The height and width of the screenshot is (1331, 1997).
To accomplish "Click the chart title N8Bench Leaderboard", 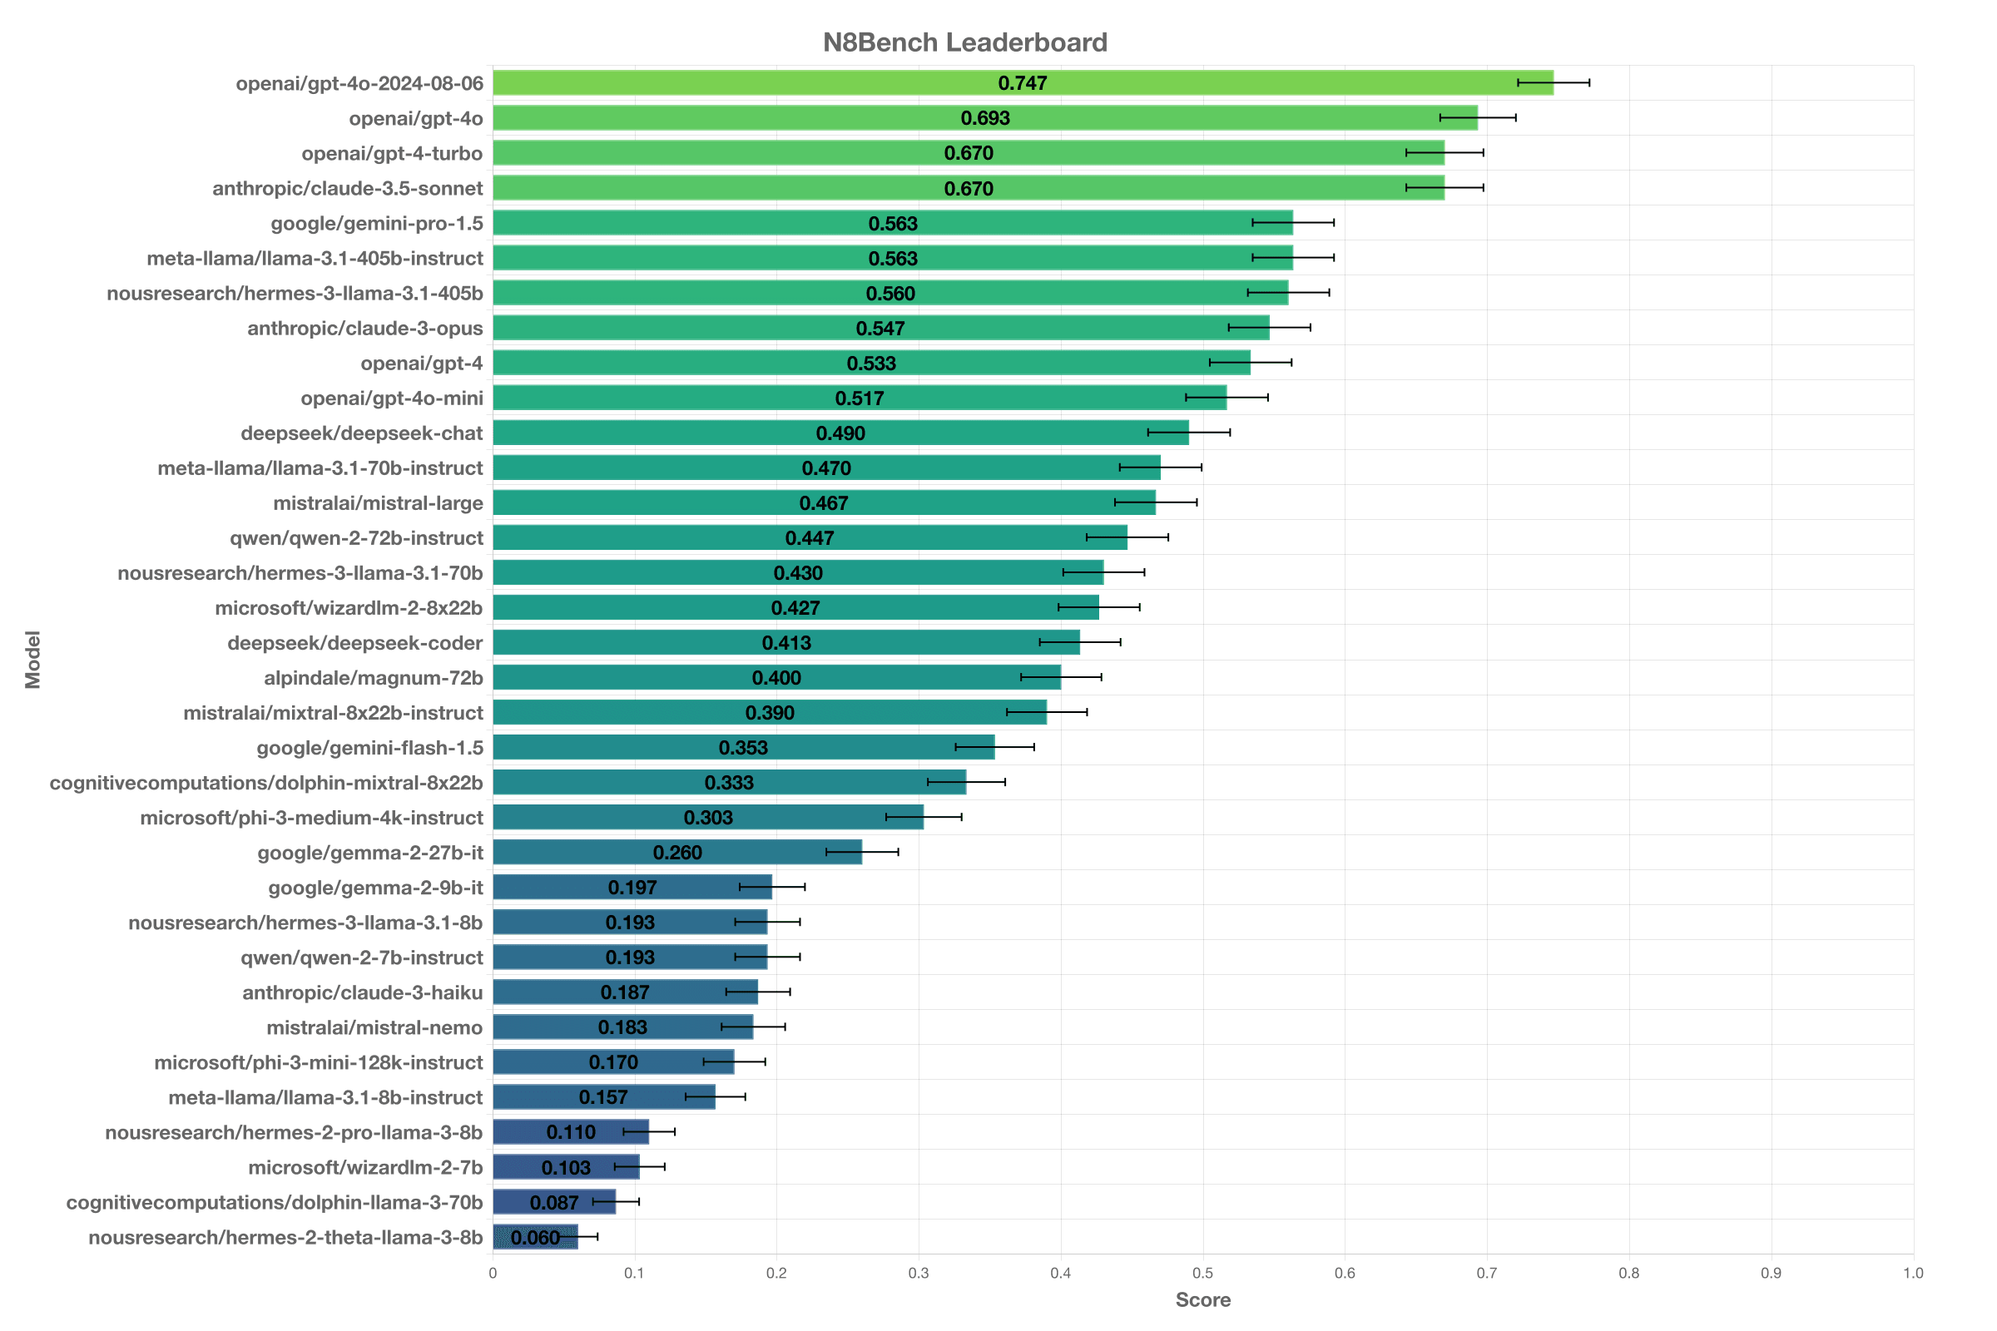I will click(964, 42).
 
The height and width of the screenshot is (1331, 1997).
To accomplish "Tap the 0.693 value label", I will click(985, 118).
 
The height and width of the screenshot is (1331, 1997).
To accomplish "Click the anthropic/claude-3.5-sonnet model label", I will click(347, 189).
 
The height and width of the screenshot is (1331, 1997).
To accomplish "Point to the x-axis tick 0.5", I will click(1202, 1274).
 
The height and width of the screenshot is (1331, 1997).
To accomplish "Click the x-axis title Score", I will click(1202, 1300).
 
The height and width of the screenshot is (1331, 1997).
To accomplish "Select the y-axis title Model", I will click(32, 660).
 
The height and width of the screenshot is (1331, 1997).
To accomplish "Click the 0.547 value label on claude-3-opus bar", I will click(880, 329).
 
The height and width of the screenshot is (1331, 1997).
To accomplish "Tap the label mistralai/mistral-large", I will click(378, 503).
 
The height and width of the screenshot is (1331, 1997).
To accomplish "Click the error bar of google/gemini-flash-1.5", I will click(995, 747).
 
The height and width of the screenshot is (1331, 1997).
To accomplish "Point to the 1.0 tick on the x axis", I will click(1913, 1274).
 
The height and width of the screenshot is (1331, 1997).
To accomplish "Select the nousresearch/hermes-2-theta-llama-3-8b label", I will click(285, 1238).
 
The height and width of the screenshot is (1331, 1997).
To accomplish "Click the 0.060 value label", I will click(535, 1238).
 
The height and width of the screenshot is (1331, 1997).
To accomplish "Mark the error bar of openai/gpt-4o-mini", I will click(1226, 398).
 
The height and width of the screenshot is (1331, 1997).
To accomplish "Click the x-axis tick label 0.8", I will click(1628, 1274).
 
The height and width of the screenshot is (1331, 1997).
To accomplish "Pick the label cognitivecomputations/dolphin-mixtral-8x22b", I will click(265, 783).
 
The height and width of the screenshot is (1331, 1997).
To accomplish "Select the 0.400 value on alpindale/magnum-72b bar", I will click(776, 678).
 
